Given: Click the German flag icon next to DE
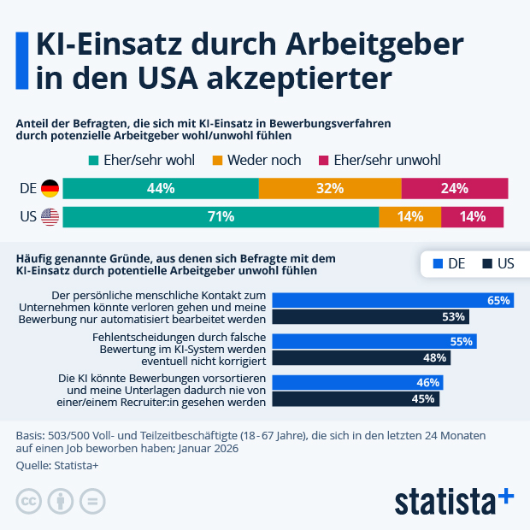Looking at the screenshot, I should click(x=50, y=188).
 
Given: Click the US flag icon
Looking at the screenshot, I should click(x=50, y=217).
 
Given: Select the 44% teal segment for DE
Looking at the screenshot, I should click(x=161, y=188).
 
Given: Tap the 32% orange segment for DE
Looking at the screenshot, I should click(x=330, y=188).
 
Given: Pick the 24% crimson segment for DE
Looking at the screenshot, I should click(x=455, y=188).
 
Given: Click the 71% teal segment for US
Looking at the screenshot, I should click(x=221, y=217).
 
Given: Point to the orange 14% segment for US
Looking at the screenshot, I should click(x=410, y=217).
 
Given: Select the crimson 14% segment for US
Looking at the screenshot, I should click(x=472, y=217).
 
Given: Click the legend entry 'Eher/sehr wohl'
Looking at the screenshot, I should click(x=142, y=160).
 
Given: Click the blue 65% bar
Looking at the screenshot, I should click(x=397, y=300).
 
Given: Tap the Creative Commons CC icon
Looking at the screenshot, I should click(x=29, y=500).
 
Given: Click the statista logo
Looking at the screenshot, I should click(x=453, y=499).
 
